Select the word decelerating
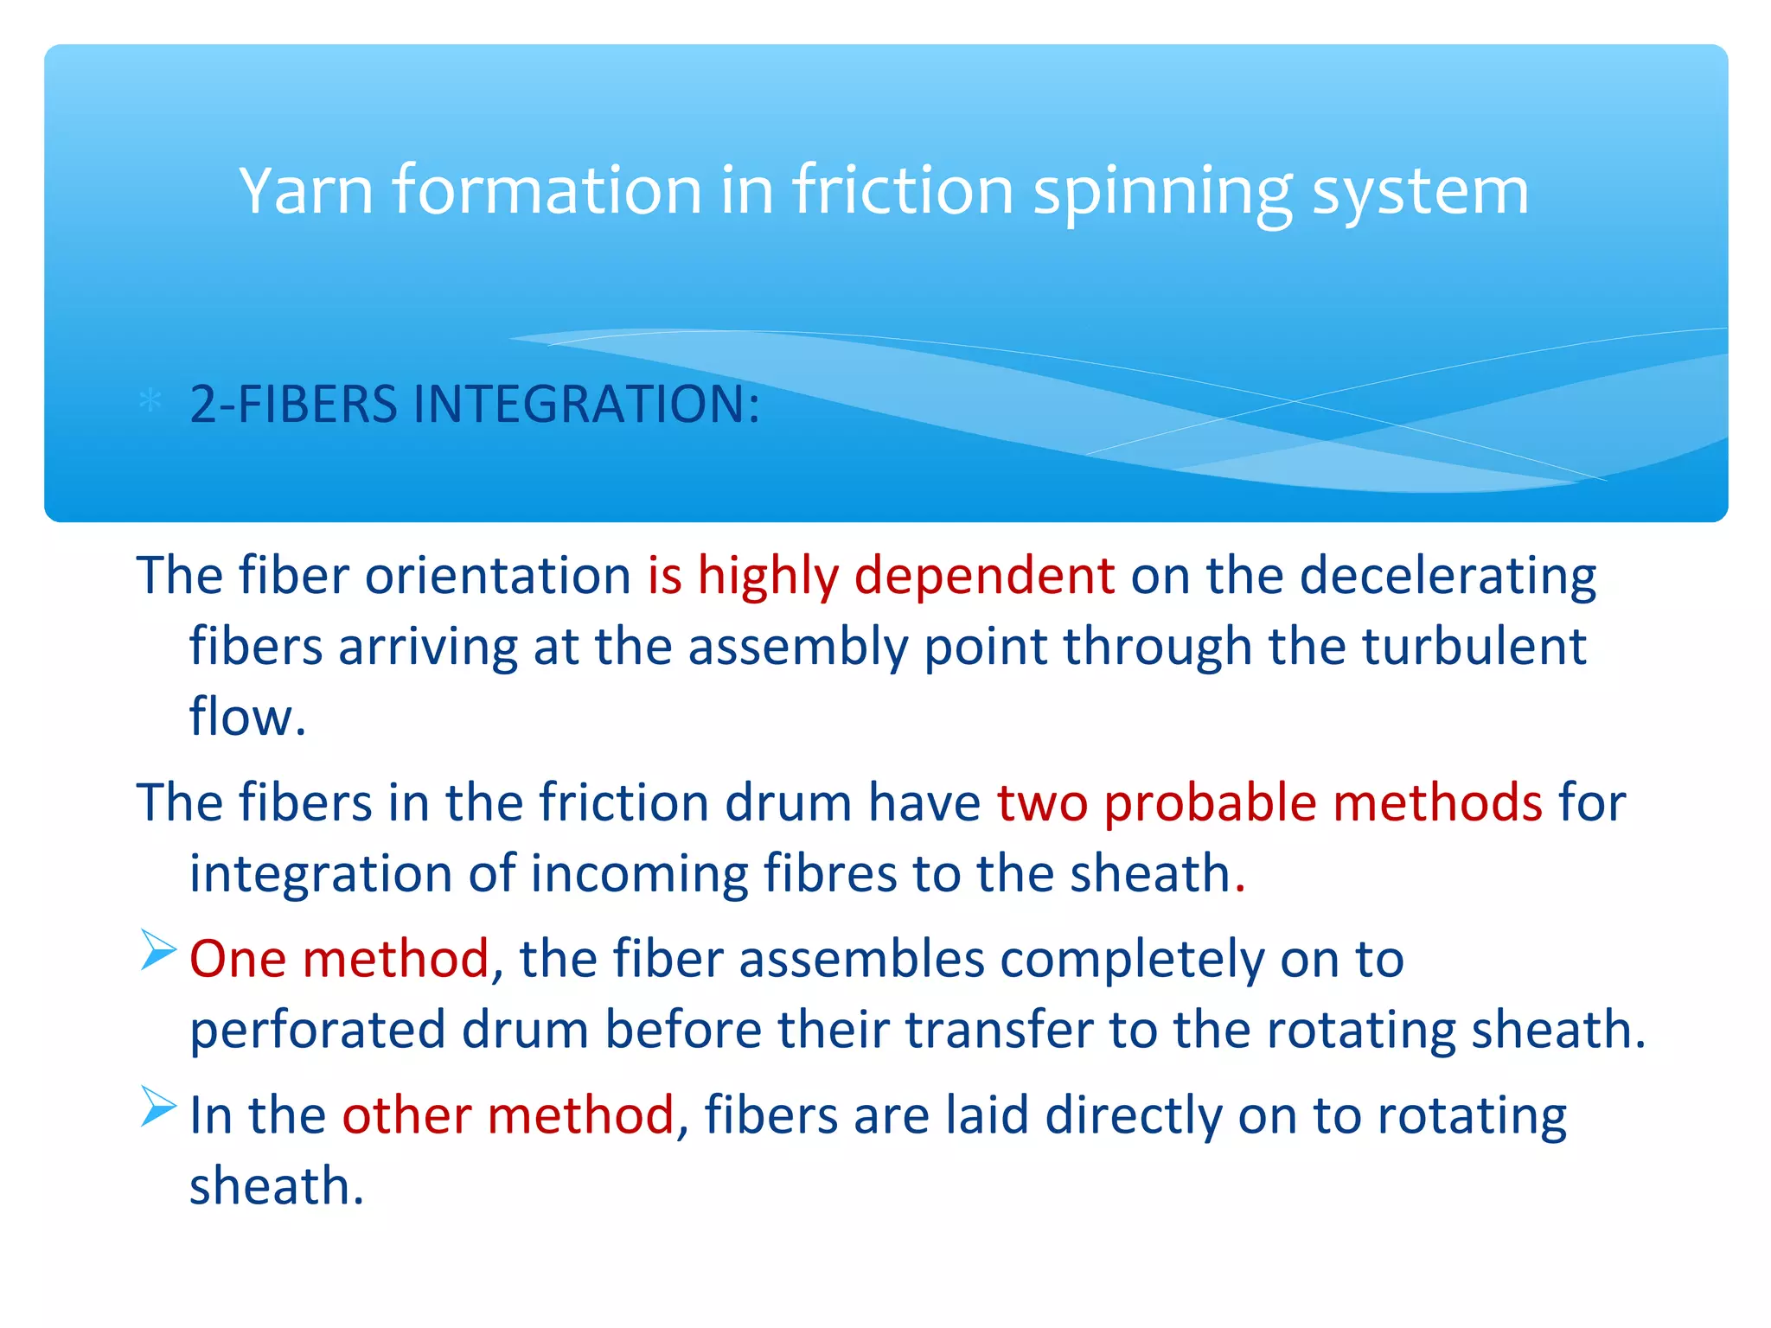coord(1448,576)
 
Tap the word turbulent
coord(1474,647)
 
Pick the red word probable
coord(1211,802)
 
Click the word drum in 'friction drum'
coord(788,802)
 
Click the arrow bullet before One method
coord(158,951)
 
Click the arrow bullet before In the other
coord(158,1107)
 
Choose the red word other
coord(406,1115)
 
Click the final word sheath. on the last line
coord(277,1186)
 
